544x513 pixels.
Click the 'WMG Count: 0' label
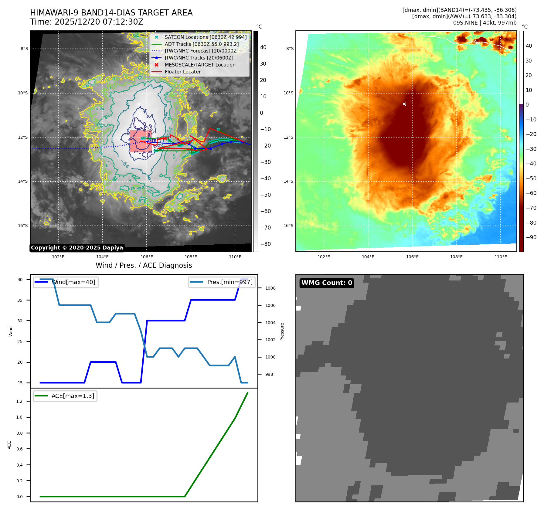click(x=327, y=283)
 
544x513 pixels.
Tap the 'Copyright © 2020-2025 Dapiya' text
click(x=77, y=248)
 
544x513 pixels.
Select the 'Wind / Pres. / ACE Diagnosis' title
click(x=144, y=265)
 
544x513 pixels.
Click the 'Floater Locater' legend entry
click(x=182, y=72)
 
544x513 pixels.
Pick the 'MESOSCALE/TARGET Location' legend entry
click(x=200, y=65)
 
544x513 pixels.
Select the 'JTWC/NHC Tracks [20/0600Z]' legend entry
click(x=199, y=58)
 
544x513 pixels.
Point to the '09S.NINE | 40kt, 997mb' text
click(x=484, y=23)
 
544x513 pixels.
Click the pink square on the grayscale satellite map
click(x=140, y=141)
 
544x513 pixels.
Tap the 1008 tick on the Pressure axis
click(x=270, y=288)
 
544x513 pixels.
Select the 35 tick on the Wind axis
click(x=20, y=300)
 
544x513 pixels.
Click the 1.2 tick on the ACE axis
click(x=19, y=401)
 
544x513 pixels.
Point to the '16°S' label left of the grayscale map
click(x=23, y=226)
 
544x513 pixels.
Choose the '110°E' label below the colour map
click(x=501, y=257)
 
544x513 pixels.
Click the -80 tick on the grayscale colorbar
click(x=266, y=244)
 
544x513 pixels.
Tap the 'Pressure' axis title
click(x=282, y=331)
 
